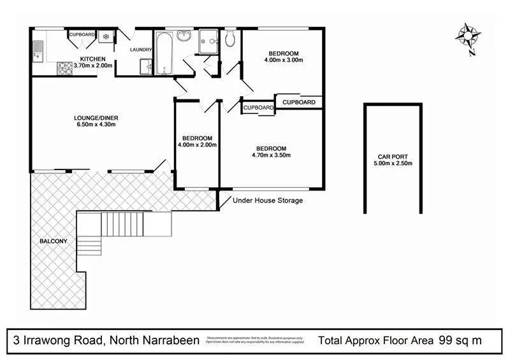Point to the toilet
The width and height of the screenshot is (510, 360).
click(229, 40)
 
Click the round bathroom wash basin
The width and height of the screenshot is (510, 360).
click(185, 36)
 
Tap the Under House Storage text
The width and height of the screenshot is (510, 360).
click(268, 201)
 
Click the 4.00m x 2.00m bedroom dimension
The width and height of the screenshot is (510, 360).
click(197, 145)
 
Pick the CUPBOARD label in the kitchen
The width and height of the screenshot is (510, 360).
click(82, 34)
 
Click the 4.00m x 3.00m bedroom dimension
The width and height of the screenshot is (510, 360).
click(283, 61)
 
